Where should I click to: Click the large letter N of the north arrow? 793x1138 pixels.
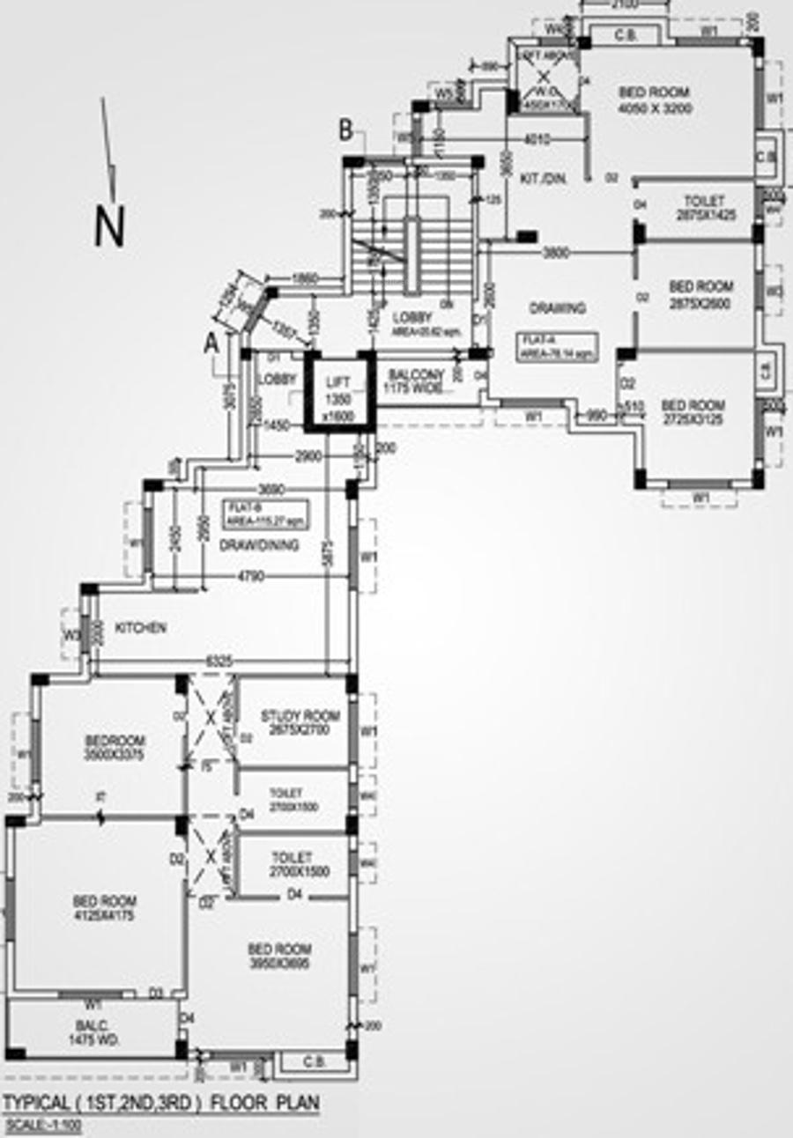[x=109, y=226]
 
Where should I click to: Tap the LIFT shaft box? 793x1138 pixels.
[x=339, y=392]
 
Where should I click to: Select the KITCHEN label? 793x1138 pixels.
[x=140, y=628]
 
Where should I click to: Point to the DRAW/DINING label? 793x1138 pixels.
[x=259, y=545]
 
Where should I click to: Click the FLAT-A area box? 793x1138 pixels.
[x=558, y=346]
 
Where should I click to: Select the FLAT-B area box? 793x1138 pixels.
[x=264, y=513]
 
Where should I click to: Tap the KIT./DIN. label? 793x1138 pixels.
[x=542, y=179]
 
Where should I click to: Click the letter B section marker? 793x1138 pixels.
[x=346, y=131]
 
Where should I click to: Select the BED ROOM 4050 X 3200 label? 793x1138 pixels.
[x=654, y=100]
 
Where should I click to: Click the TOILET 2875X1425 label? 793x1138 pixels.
[x=702, y=208]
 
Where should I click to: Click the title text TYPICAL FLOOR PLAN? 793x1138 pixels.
[x=160, y=1103]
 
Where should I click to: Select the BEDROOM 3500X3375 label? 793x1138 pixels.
[x=115, y=748]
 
